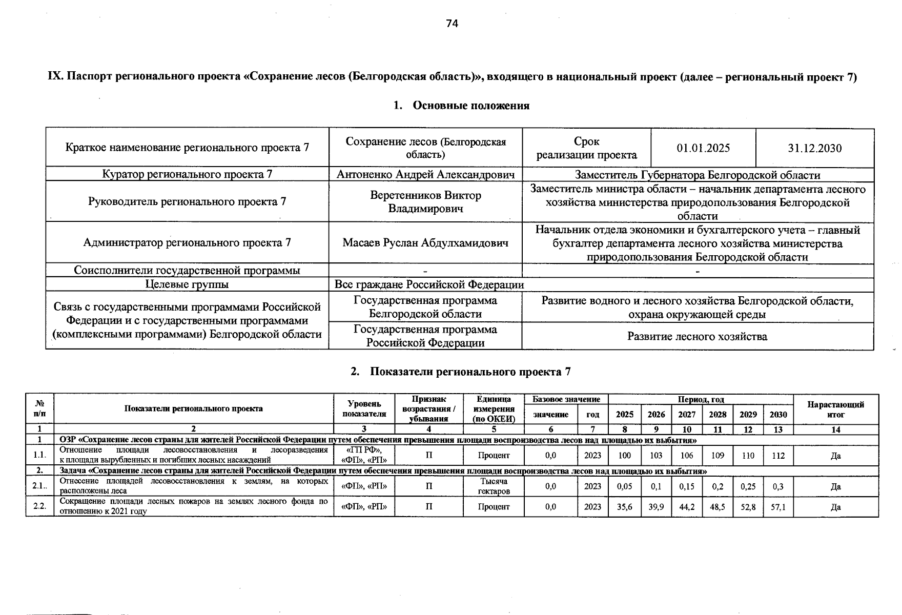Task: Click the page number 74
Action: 452,24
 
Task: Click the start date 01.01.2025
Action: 703,149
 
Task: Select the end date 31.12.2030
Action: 814,149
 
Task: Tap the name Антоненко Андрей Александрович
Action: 425,175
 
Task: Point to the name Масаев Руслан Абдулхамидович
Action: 425,243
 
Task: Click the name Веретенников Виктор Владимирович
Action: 425,202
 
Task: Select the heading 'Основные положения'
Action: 470,106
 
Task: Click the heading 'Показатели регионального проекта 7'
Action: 470,372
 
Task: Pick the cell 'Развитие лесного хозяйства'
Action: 697,337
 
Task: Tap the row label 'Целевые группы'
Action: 187,284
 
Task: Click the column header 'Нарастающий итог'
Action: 835,409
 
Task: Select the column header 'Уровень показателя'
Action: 364,409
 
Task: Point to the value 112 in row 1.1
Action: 778,456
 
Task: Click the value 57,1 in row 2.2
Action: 778,507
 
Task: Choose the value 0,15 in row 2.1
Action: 687,486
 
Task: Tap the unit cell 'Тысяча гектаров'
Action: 494,486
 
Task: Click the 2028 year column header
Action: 717,415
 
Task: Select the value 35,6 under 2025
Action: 624,507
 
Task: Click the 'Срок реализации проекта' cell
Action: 586,148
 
